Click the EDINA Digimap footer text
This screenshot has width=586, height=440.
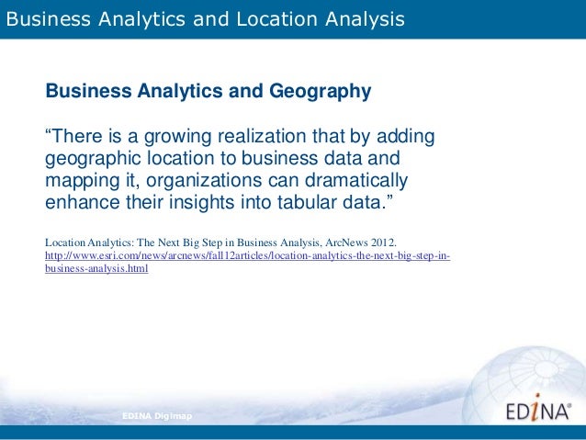pos(154,416)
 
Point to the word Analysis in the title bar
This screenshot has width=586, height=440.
pos(366,17)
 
